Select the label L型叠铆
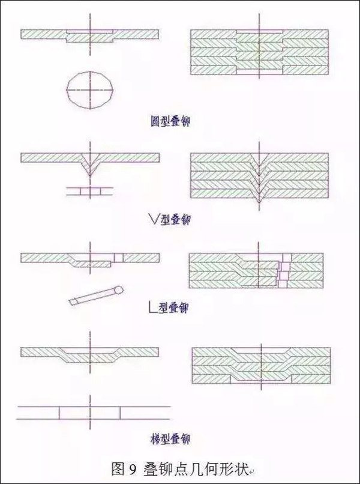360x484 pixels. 169,309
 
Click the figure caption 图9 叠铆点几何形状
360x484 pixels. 179,467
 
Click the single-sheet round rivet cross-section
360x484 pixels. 90,35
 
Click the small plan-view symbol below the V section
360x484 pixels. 90,191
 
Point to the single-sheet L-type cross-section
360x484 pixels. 90,259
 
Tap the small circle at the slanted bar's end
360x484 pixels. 119,289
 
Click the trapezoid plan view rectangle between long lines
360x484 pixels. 90,413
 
